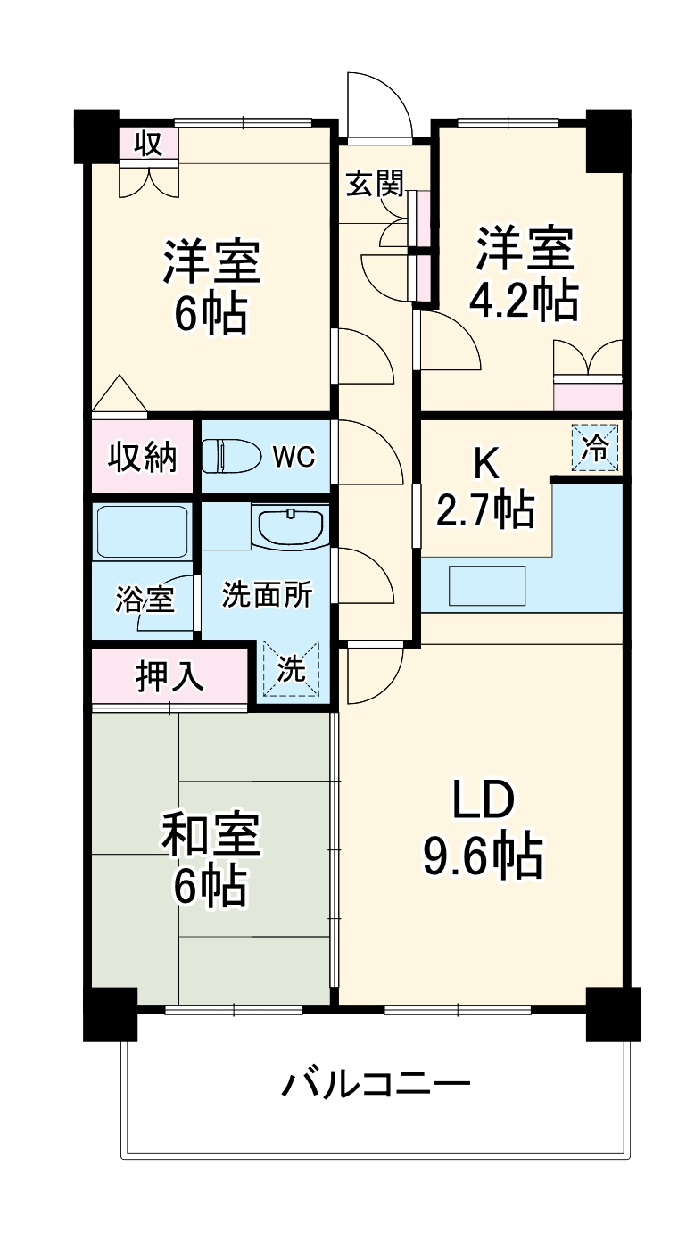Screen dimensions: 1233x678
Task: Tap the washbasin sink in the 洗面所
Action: (290, 525)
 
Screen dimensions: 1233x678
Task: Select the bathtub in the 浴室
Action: (141, 533)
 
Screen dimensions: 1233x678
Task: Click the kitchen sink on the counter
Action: (486, 585)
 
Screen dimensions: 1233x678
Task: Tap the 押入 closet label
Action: (169, 676)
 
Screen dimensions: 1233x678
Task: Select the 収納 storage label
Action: (143, 457)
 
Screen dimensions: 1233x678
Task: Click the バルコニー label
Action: (376, 1085)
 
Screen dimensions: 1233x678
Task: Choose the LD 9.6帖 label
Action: (482, 830)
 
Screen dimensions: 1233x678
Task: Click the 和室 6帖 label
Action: (211, 858)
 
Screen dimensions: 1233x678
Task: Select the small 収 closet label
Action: (149, 144)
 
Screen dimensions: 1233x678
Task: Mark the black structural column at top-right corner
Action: (608, 140)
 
